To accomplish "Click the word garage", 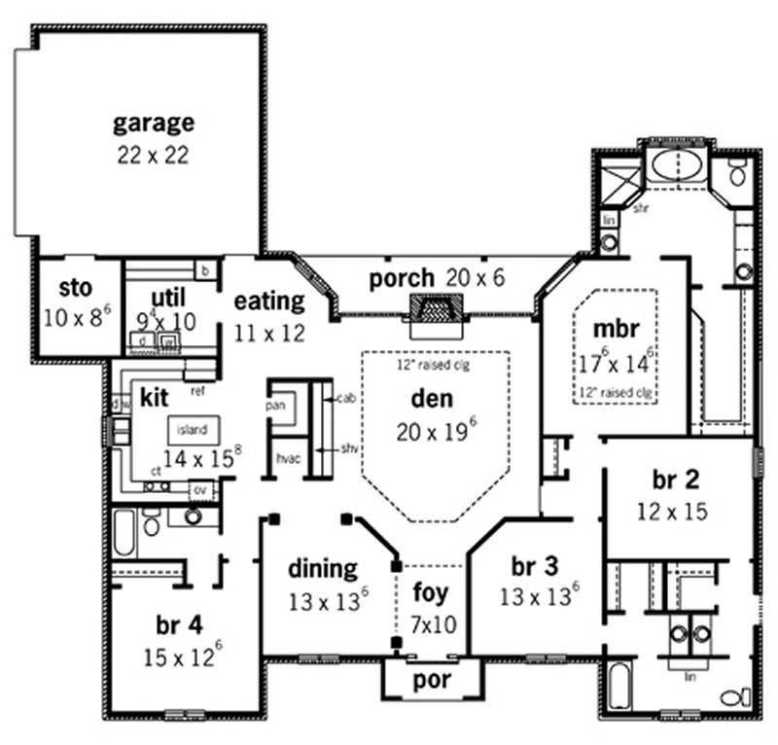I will [153, 124].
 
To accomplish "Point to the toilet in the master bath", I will [736, 175].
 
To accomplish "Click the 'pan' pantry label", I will [275, 403].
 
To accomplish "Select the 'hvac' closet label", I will [287, 456].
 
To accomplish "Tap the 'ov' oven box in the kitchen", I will [200, 489].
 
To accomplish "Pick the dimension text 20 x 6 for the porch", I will [476, 278].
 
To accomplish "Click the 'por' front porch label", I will [431, 680].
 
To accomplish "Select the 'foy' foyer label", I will [431, 591].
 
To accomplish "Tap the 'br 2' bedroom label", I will [671, 480].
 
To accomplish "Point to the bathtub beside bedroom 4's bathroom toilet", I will [124, 534].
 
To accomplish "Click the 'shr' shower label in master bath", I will [640, 208].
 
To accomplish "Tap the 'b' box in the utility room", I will [206, 269].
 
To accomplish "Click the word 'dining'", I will [324, 568].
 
